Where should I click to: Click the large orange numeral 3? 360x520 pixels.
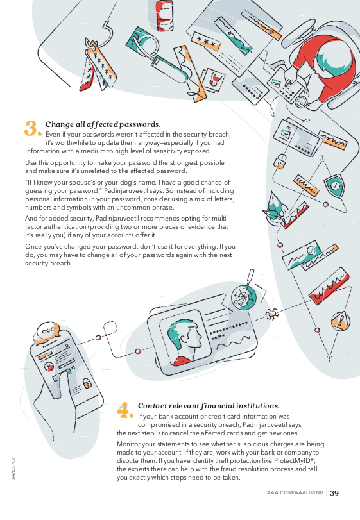tap(32, 128)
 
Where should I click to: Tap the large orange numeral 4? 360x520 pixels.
tap(124, 410)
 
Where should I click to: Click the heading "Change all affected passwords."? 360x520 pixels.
tap(103, 124)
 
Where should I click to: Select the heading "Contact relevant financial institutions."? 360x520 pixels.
tap(209, 406)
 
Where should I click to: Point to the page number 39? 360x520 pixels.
tap(334, 493)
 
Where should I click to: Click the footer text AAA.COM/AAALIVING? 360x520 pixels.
tap(295, 493)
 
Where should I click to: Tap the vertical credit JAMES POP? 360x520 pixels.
tap(13, 468)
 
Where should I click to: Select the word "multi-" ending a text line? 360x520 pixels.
tap(220, 219)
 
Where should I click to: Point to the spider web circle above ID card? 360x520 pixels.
tap(244, 296)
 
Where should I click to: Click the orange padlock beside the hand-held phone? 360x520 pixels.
tap(87, 383)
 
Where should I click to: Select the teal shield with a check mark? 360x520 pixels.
tap(334, 185)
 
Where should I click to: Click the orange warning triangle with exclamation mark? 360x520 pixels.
tap(340, 321)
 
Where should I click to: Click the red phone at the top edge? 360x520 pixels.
tap(164, 15)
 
